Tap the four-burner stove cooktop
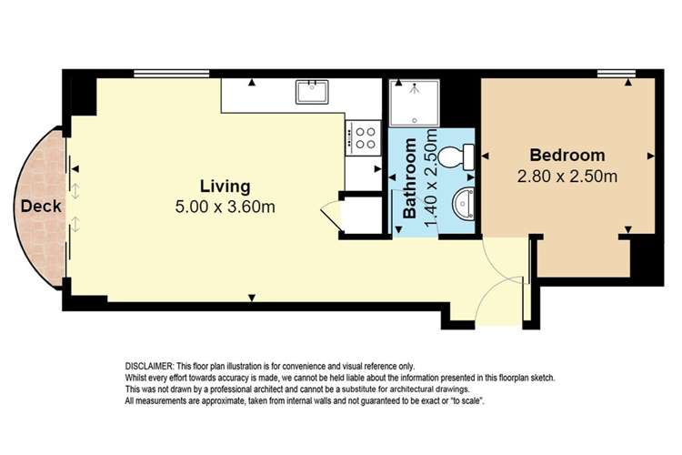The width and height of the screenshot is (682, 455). [x=366, y=137]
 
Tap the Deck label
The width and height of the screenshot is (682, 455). [x=40, y=207]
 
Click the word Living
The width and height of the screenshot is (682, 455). [x=225, y=187]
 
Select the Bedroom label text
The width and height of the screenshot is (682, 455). [x=567, y=156]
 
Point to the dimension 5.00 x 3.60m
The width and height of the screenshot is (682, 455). [x=225, y=207]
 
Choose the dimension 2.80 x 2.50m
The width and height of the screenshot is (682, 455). [x=567, y=176]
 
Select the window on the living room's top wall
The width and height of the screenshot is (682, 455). [x=160, y=74]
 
